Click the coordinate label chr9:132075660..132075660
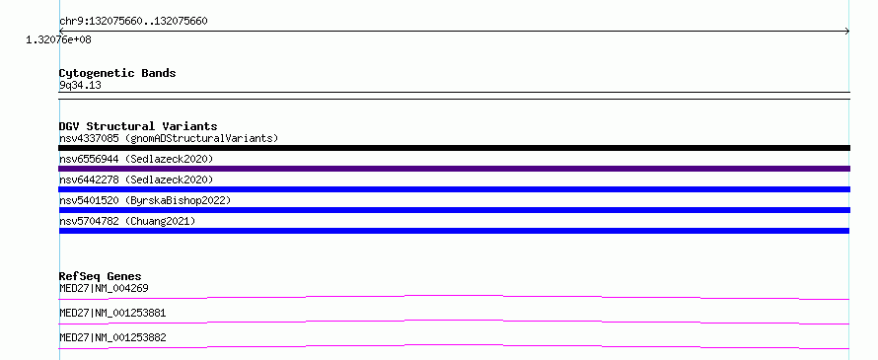pos(133,22)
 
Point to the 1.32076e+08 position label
pos(58,39)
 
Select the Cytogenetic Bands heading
pos(117,73)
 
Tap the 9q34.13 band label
pos(80,86)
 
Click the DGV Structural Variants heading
pos(138,126)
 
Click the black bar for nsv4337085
pos(454,148)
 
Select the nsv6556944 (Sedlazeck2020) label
pos(136,159)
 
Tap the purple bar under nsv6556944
pos(454,169)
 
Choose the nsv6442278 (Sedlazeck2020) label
pos(136,180)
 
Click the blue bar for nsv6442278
pos(454,189)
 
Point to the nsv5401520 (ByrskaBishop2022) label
pos(145,200)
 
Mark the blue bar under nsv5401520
pos(454,210)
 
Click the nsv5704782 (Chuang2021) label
pos(127,221)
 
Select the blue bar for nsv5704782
pos(454,231)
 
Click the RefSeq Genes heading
pos(101,276)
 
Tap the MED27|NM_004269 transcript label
pos(104,288)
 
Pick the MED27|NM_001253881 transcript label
pos(112,313)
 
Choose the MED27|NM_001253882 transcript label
pos(112,337)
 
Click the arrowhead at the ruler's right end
pos(848,32)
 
